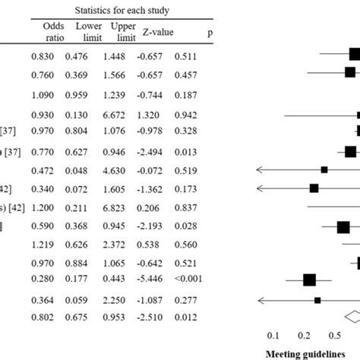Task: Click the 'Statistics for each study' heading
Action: pos(122,10)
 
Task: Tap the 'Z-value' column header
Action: pos(156,32)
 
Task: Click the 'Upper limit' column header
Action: pos(122,32)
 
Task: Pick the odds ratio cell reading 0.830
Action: pos(43,55)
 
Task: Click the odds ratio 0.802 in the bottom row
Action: pos(43,317)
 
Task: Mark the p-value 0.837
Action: pos(186,207)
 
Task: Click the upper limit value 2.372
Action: pos(122,245)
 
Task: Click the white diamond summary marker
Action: pos(353,317)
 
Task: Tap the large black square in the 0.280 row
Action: pos(309,280)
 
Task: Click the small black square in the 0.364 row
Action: pos(317,300)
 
